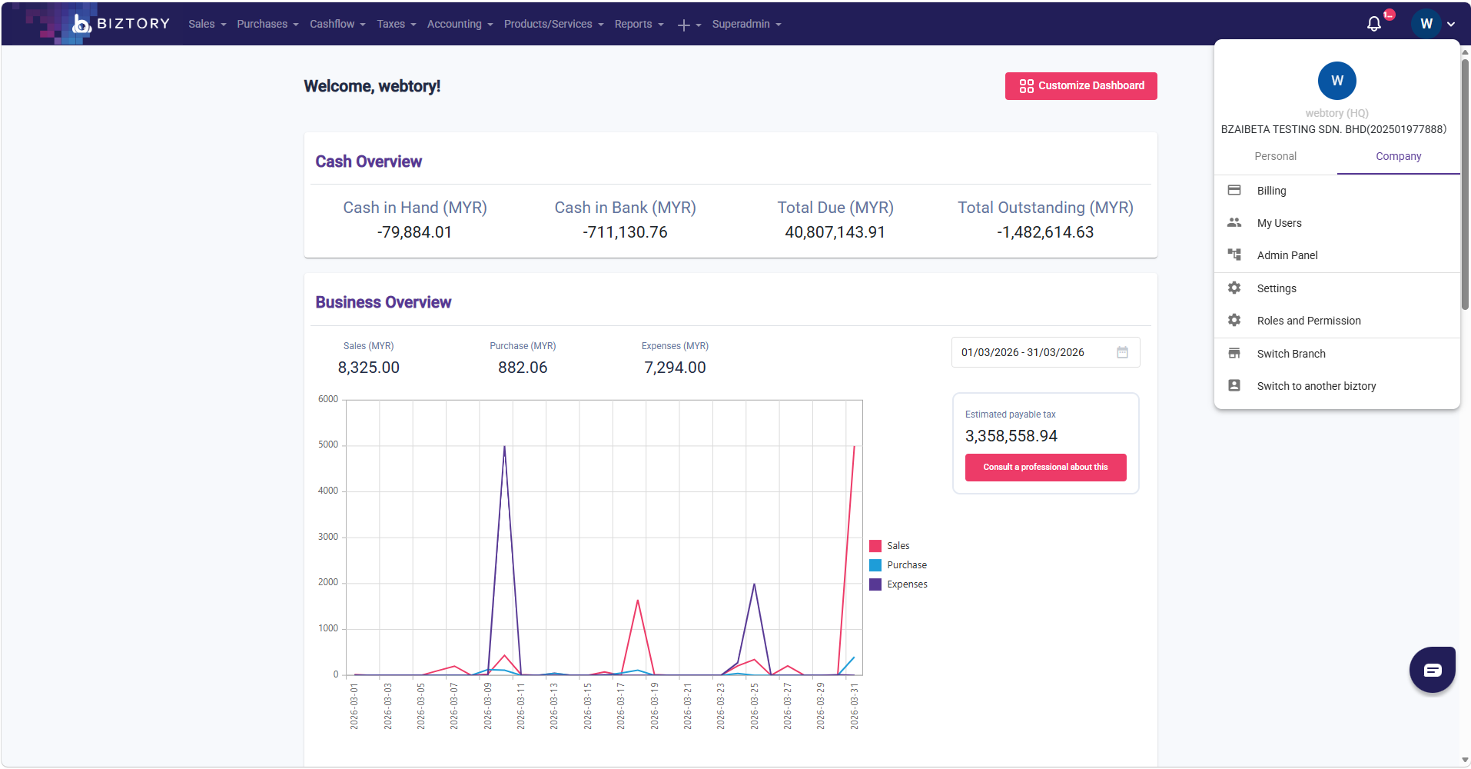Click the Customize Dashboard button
click(1081, 86)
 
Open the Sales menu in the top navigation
click(207, 24)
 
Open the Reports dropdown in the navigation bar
click(639, 24)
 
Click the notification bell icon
click(1374, 24)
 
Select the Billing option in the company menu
click(1271, 191)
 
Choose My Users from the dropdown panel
click(1279, 223)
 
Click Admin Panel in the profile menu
click(1287, 255)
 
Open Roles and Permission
click(1308, 321)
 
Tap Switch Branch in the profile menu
click(1290, 354)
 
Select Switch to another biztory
click(1316, 386)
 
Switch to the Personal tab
click(1275, 156)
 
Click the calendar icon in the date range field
click(1122, 352)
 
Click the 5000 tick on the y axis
click(328, 444)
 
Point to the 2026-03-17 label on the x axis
click(621, 706)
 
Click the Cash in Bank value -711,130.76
click(625, 232)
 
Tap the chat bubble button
click(1432, 670)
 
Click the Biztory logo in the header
click(121, 24)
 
